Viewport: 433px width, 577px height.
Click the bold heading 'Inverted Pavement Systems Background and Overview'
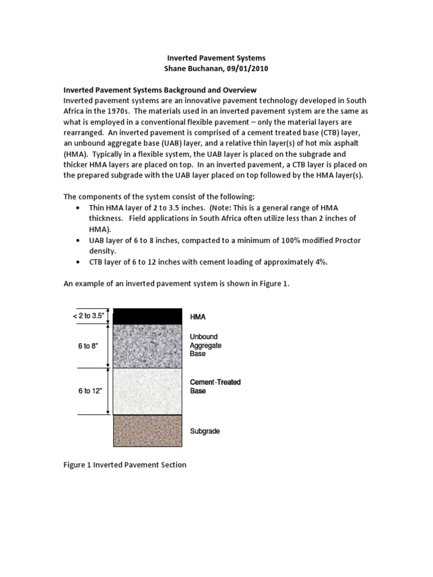pyautogui.click(x=160, y=90)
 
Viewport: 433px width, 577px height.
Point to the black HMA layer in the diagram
pyautogui.click(x=148, y=316)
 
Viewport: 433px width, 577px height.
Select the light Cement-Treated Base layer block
pyautogui.click(x=148, y=391)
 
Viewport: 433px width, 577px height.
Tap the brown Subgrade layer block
pyautogui.click(x=148, y=430)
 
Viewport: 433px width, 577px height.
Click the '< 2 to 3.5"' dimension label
pyautogui.click(x=89, y=316)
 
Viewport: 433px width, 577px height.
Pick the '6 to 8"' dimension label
pyautogui.click(x=89, y=346)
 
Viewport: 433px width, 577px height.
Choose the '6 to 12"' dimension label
pyautogui.click(x=90, y=391)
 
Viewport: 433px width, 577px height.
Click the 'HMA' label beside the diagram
pyautogui.click(x=197, y=317)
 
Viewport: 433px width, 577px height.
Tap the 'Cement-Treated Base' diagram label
pyautogui.click(x=215, y=387)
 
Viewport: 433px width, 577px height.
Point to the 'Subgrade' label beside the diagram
pyautogui.click(x=205, y=431)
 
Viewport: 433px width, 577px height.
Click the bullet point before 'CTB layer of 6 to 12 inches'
pyautogui.click(x=77, y=262)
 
